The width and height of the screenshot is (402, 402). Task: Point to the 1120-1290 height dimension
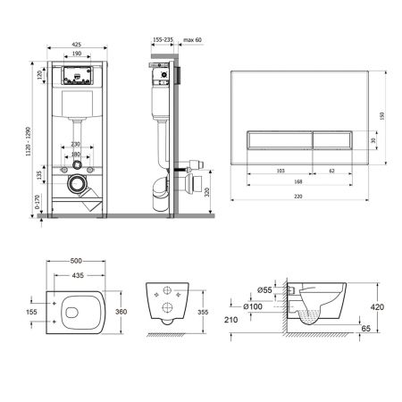(33, 134)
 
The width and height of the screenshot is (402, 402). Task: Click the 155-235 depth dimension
(163, 40)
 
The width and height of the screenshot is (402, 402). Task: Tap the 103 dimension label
(280, 168)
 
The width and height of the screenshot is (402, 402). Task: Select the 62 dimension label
(332, 168)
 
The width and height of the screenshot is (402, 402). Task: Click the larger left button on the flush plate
(279, 138)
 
